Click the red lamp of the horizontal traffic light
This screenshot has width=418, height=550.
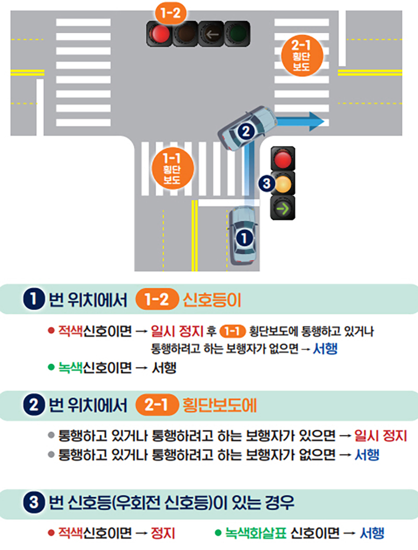click(x=160, y=33)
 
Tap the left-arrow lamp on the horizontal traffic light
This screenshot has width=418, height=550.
click(x=212, y=34)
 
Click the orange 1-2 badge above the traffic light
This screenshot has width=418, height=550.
click(x=170, y=14)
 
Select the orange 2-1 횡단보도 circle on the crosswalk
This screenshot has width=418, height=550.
click(x=301, y=56)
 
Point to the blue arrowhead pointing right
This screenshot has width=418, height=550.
click(x=316, y=122)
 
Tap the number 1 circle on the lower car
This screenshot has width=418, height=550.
click(x=244, y=238)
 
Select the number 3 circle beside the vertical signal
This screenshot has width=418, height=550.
click(x=266, y=183)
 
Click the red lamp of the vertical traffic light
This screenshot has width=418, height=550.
click(x=283, y=159)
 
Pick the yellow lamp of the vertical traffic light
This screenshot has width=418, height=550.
click(x=283, y=183)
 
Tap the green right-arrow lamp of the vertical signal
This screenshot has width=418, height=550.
click(x=283, y=208)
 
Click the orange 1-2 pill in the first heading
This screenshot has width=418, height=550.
click(x=157, y=300)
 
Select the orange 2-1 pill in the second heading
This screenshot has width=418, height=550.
click(x=157, y=405)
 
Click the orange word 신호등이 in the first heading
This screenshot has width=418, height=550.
click(x=212, y=300)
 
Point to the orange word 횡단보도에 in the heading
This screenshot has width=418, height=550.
click(x=219, y=405)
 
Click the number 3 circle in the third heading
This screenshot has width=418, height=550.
click(x=33, y=502)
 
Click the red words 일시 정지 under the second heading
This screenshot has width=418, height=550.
click(x=380, y=436)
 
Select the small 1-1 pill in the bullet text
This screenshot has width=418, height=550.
click(x=232, y=331)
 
